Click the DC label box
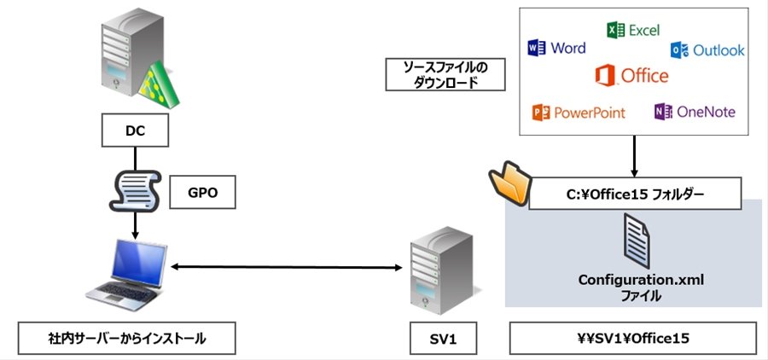coord(135,131)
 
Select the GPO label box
coord(202,193)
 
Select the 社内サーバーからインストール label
coord(127,338)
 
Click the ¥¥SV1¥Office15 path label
coord(633,338)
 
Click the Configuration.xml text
coord(641,280)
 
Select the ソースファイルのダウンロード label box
coord(445,74)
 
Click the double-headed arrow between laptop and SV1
coord(287,267)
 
